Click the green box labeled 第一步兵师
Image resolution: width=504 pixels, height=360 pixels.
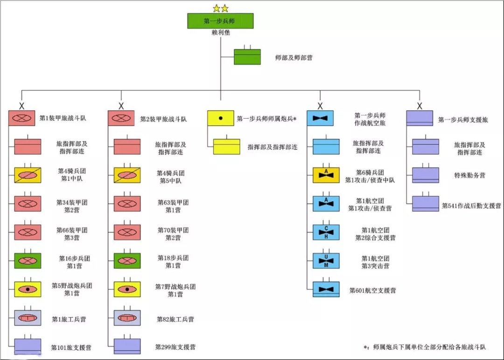220,21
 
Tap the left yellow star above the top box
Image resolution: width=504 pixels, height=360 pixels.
216,8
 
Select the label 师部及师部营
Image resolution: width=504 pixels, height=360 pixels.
294,58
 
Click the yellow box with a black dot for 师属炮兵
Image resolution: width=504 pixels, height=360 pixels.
220,119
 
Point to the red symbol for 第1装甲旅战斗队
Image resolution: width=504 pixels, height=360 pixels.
21,118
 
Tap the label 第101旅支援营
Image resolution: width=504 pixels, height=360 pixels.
71,347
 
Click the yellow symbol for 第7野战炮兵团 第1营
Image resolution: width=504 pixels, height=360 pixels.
127,289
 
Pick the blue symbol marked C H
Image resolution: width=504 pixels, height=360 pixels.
326,232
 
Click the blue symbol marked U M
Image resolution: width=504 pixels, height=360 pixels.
326,261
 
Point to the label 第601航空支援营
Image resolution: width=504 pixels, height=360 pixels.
372,290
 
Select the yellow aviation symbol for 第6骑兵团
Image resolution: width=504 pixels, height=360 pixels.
326,175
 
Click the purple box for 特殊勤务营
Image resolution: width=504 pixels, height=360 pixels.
425,175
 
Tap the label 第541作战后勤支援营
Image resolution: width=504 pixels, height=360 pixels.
471,205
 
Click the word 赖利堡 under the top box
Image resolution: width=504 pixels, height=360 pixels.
220,33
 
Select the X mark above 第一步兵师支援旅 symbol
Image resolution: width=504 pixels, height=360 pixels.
420,106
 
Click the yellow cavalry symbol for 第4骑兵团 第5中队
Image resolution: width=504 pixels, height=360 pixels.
127,175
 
